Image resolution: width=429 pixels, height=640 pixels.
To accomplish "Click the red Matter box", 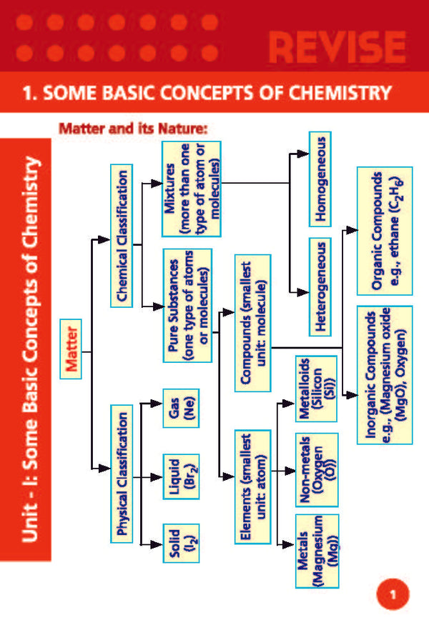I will [x=71, y=349].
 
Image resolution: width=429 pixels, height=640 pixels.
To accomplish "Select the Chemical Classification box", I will [x=122, y=236].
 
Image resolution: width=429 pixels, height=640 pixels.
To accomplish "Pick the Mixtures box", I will [x=191, y=189].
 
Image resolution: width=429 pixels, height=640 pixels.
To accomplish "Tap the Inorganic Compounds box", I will [x=384, y=374].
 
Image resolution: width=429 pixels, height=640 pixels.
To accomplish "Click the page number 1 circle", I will [x=392, y=594].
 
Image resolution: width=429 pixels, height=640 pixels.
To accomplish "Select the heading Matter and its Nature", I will [x=133, y=130].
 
